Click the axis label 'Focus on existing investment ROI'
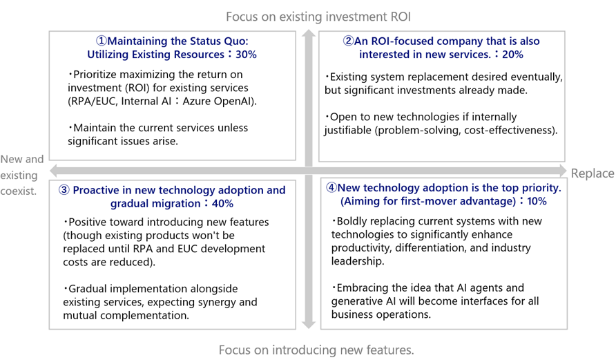(318, 17)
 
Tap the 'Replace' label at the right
(593, 173)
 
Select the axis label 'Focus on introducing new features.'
(316, 350)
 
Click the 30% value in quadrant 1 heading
(246, 54)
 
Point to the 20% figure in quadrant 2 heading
(512, 54)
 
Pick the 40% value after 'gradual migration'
(222, 204)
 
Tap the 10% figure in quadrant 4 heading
(537, 201)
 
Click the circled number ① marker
(102, 41)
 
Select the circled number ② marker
(348, 41)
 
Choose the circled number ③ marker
(64, 190)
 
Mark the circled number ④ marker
(331, 187)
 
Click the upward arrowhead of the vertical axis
(309, 33)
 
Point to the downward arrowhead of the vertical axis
(309, 325)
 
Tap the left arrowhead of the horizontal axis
(54, 171)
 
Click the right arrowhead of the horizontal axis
(563, 171)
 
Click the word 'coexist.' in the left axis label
(19, 191)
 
